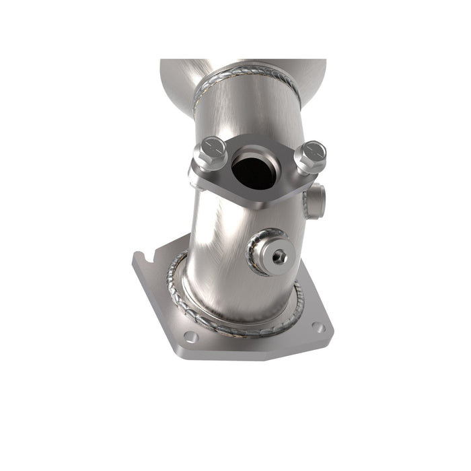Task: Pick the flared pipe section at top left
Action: pyautogui.click(x=176, y=74)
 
